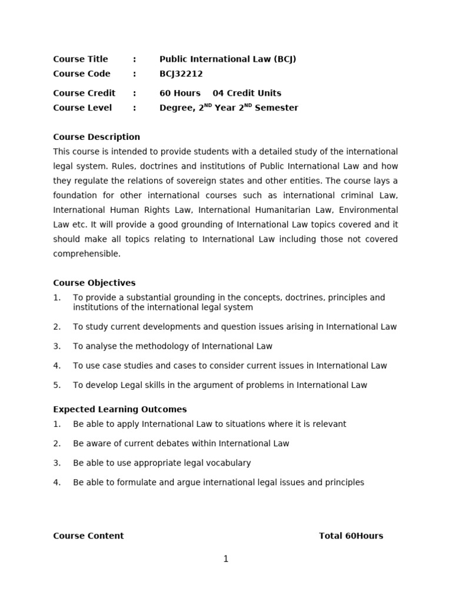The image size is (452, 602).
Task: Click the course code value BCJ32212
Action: [x=181, y=73]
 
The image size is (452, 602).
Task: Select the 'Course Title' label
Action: [x=81, y=59]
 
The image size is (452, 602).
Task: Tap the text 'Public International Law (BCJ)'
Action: [x=228, y=59]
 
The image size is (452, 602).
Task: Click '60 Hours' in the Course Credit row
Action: [x=180, y=93]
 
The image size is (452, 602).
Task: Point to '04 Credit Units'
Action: [x=247, y=93]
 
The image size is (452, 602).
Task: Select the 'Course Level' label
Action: [x=82, y=108]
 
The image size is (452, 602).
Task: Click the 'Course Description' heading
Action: [x=97, y=137]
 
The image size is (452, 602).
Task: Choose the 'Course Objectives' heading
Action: [x=94, y=283]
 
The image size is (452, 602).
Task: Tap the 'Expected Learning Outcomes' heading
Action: [x=119, y=409]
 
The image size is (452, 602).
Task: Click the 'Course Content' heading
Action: [x=88, y=536]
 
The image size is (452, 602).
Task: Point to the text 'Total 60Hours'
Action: [x=351, y=536]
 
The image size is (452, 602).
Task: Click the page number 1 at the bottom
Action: [x=225, y=559]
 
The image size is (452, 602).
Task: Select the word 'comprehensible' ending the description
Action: [x=86, y=254]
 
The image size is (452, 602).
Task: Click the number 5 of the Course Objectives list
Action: [x=56, y=385]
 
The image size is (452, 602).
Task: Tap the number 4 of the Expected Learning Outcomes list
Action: [x=56, y=482]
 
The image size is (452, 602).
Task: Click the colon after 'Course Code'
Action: [x=134, y=73]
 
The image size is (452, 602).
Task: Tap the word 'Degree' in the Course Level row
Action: [x=175, y=108]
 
